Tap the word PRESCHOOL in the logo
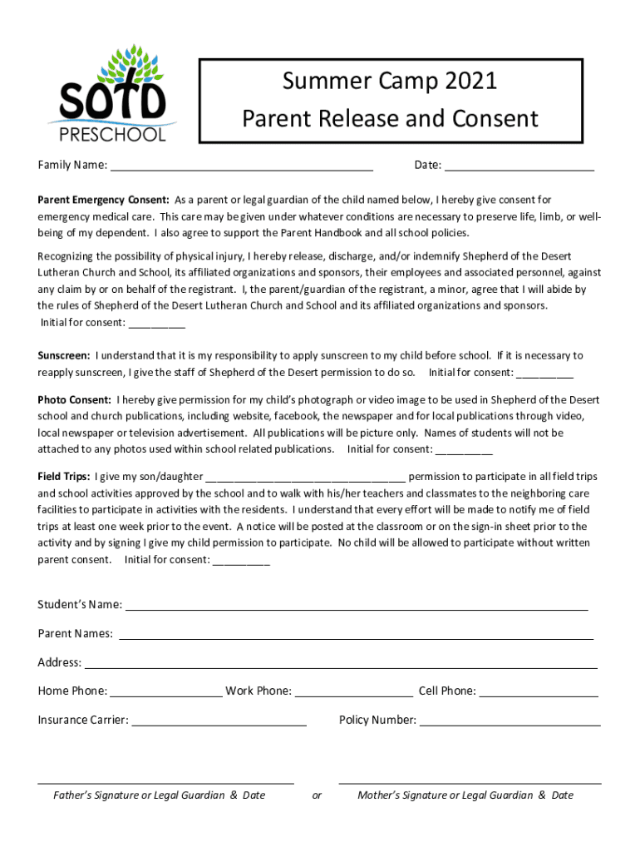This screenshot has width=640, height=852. [111, 134]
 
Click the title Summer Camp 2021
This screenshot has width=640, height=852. [390, 82]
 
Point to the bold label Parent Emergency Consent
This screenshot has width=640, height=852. [103, 200]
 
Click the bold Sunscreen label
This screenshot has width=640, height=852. [64, 356]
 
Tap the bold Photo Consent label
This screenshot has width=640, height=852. [74, 400]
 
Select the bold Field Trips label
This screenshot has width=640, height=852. [64, 477]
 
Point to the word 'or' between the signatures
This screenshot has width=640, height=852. [317, 795]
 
